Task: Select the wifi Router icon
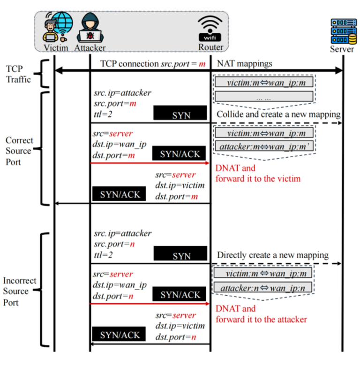pos(210,28)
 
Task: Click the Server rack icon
pos(342,31)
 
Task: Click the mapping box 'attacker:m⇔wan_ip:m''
pos(263,147)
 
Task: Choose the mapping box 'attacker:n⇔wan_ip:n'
pos(263,287)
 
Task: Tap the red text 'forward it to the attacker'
pos(261,319)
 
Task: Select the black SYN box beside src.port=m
pos(180,114)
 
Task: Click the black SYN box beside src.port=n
pos(180,255)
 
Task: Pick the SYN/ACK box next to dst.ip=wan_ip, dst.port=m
pos(180,153)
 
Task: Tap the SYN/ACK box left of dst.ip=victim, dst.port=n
pos(120,334)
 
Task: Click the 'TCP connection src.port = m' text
pos(153,63)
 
